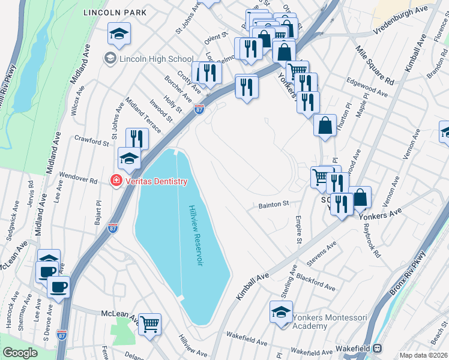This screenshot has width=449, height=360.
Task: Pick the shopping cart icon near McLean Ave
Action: [x=150, y=324]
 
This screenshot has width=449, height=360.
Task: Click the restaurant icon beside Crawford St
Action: [x=137, y=139]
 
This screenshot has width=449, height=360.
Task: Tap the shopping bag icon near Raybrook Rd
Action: [x=360, y=197]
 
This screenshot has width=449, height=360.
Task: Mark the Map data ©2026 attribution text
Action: [x=423, y=355]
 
